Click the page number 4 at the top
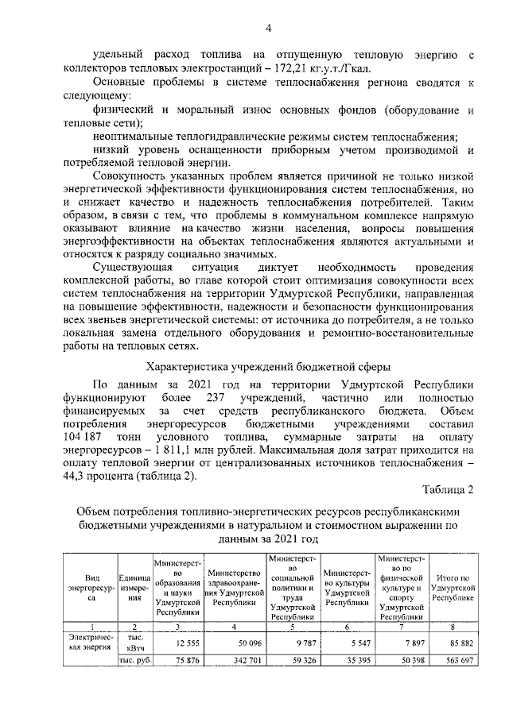click(268, 29)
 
